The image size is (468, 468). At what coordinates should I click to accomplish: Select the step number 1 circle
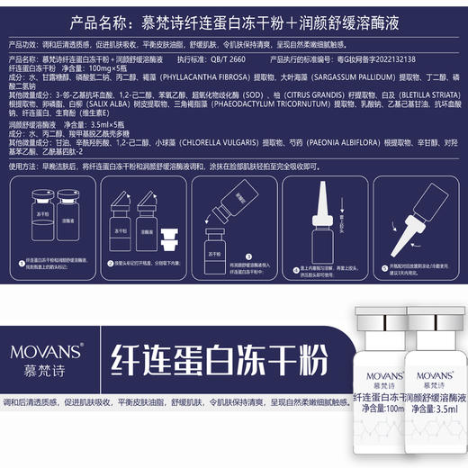coord(20,259)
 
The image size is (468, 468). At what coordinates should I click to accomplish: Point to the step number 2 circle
coord(108,264)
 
